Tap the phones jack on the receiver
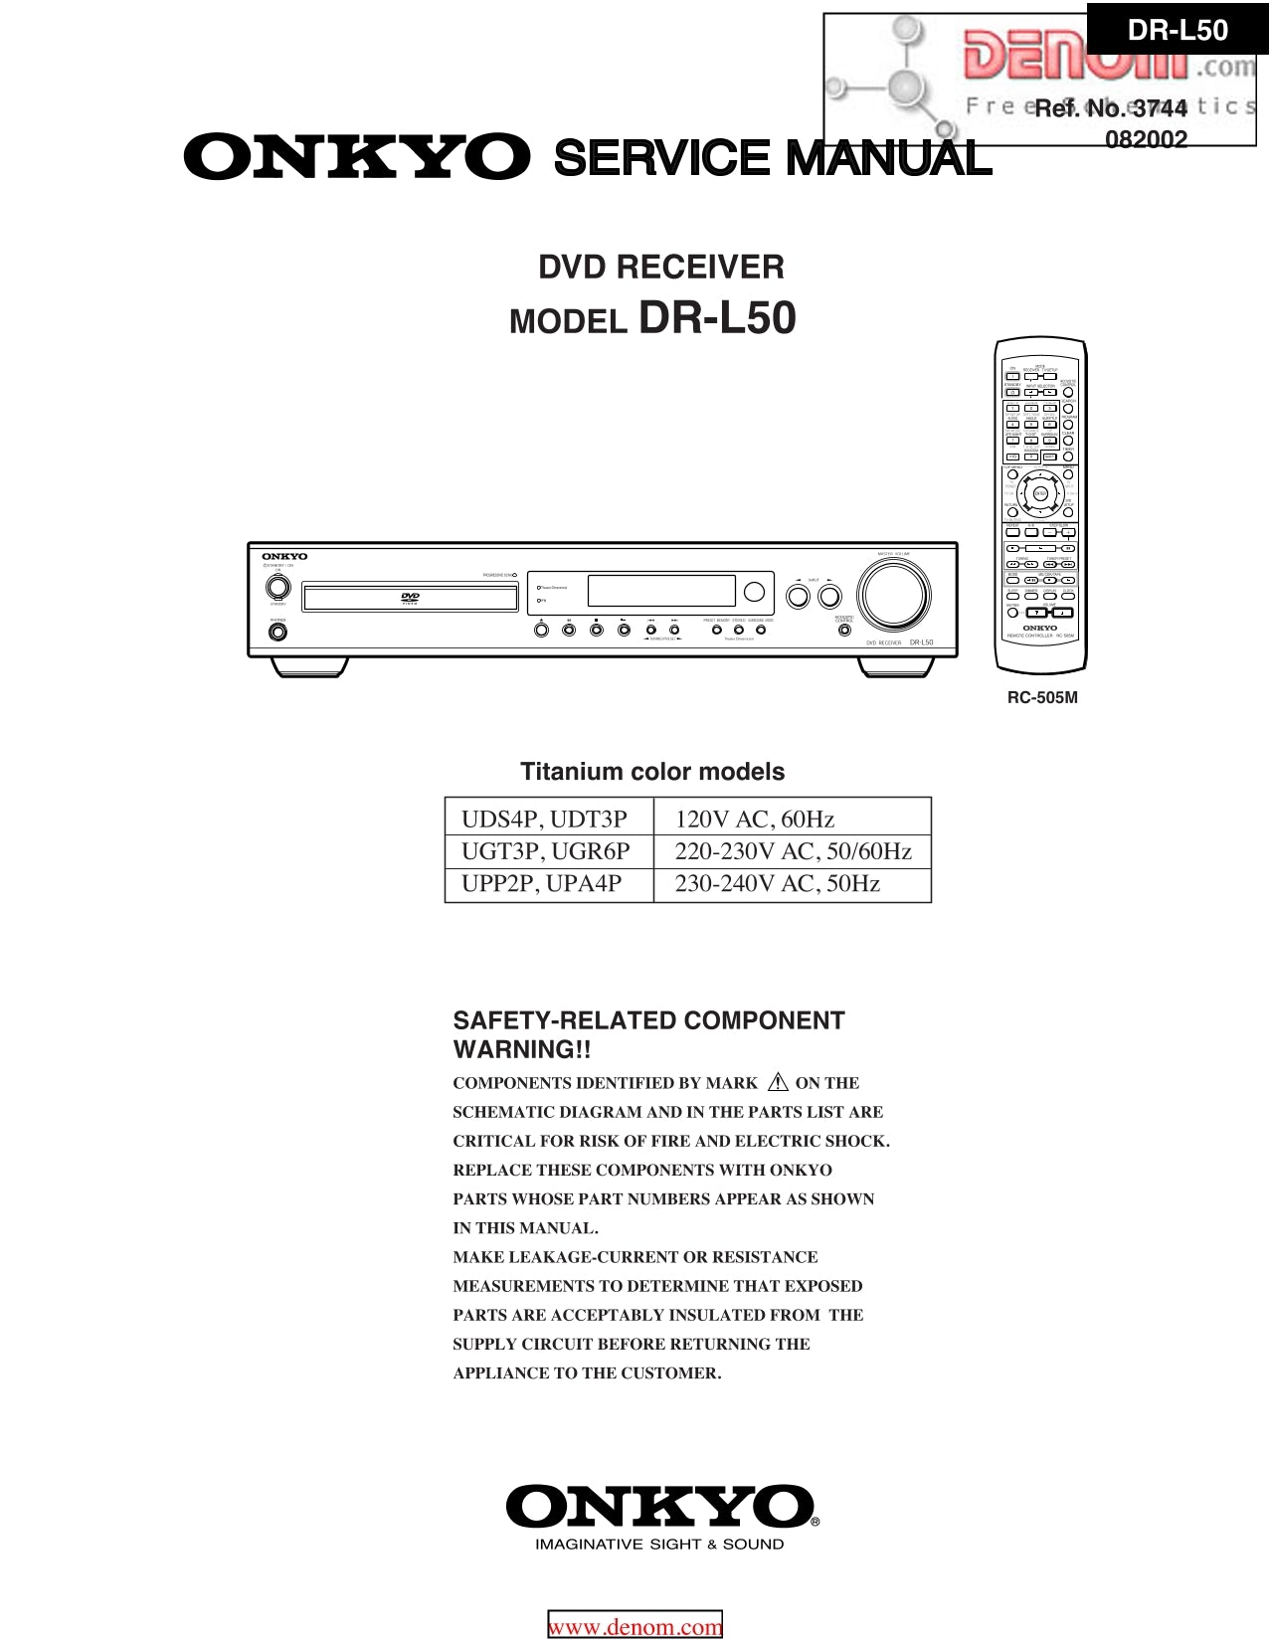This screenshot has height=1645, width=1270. (x=277, y=631)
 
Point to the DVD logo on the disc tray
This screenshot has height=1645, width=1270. (x=409, y=599)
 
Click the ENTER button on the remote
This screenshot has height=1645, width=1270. (x=1040, y=493)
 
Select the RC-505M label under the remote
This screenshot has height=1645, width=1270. (x=1042, y=698)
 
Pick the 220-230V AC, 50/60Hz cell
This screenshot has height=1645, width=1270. (x=792, y=851)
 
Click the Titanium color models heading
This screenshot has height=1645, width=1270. (x=652, y=772)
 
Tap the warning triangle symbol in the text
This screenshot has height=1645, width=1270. (x=777, y=1082)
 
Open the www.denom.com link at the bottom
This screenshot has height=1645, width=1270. (x=635, y=1627)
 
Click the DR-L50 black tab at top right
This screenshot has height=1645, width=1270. (x=1178, y=30)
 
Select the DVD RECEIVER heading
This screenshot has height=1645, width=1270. (x=661, y=267)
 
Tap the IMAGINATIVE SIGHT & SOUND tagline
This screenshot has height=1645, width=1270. (x=659, y=1545)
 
